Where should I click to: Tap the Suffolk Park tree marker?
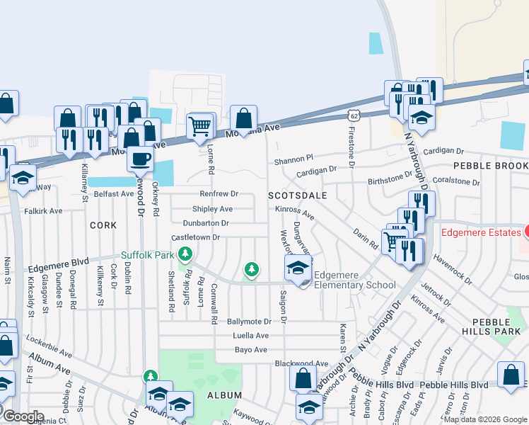coord(185,253)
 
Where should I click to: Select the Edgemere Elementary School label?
coord(354,280)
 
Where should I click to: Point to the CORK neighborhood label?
coord(103,225)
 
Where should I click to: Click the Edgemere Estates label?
coord(481,232)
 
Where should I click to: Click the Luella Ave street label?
coord(248,336)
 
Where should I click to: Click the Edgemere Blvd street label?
coord(58,266)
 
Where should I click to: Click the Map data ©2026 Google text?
coord(486,419)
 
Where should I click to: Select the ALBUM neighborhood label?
coord(224,395)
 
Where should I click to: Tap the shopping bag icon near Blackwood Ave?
coord(303,379)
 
